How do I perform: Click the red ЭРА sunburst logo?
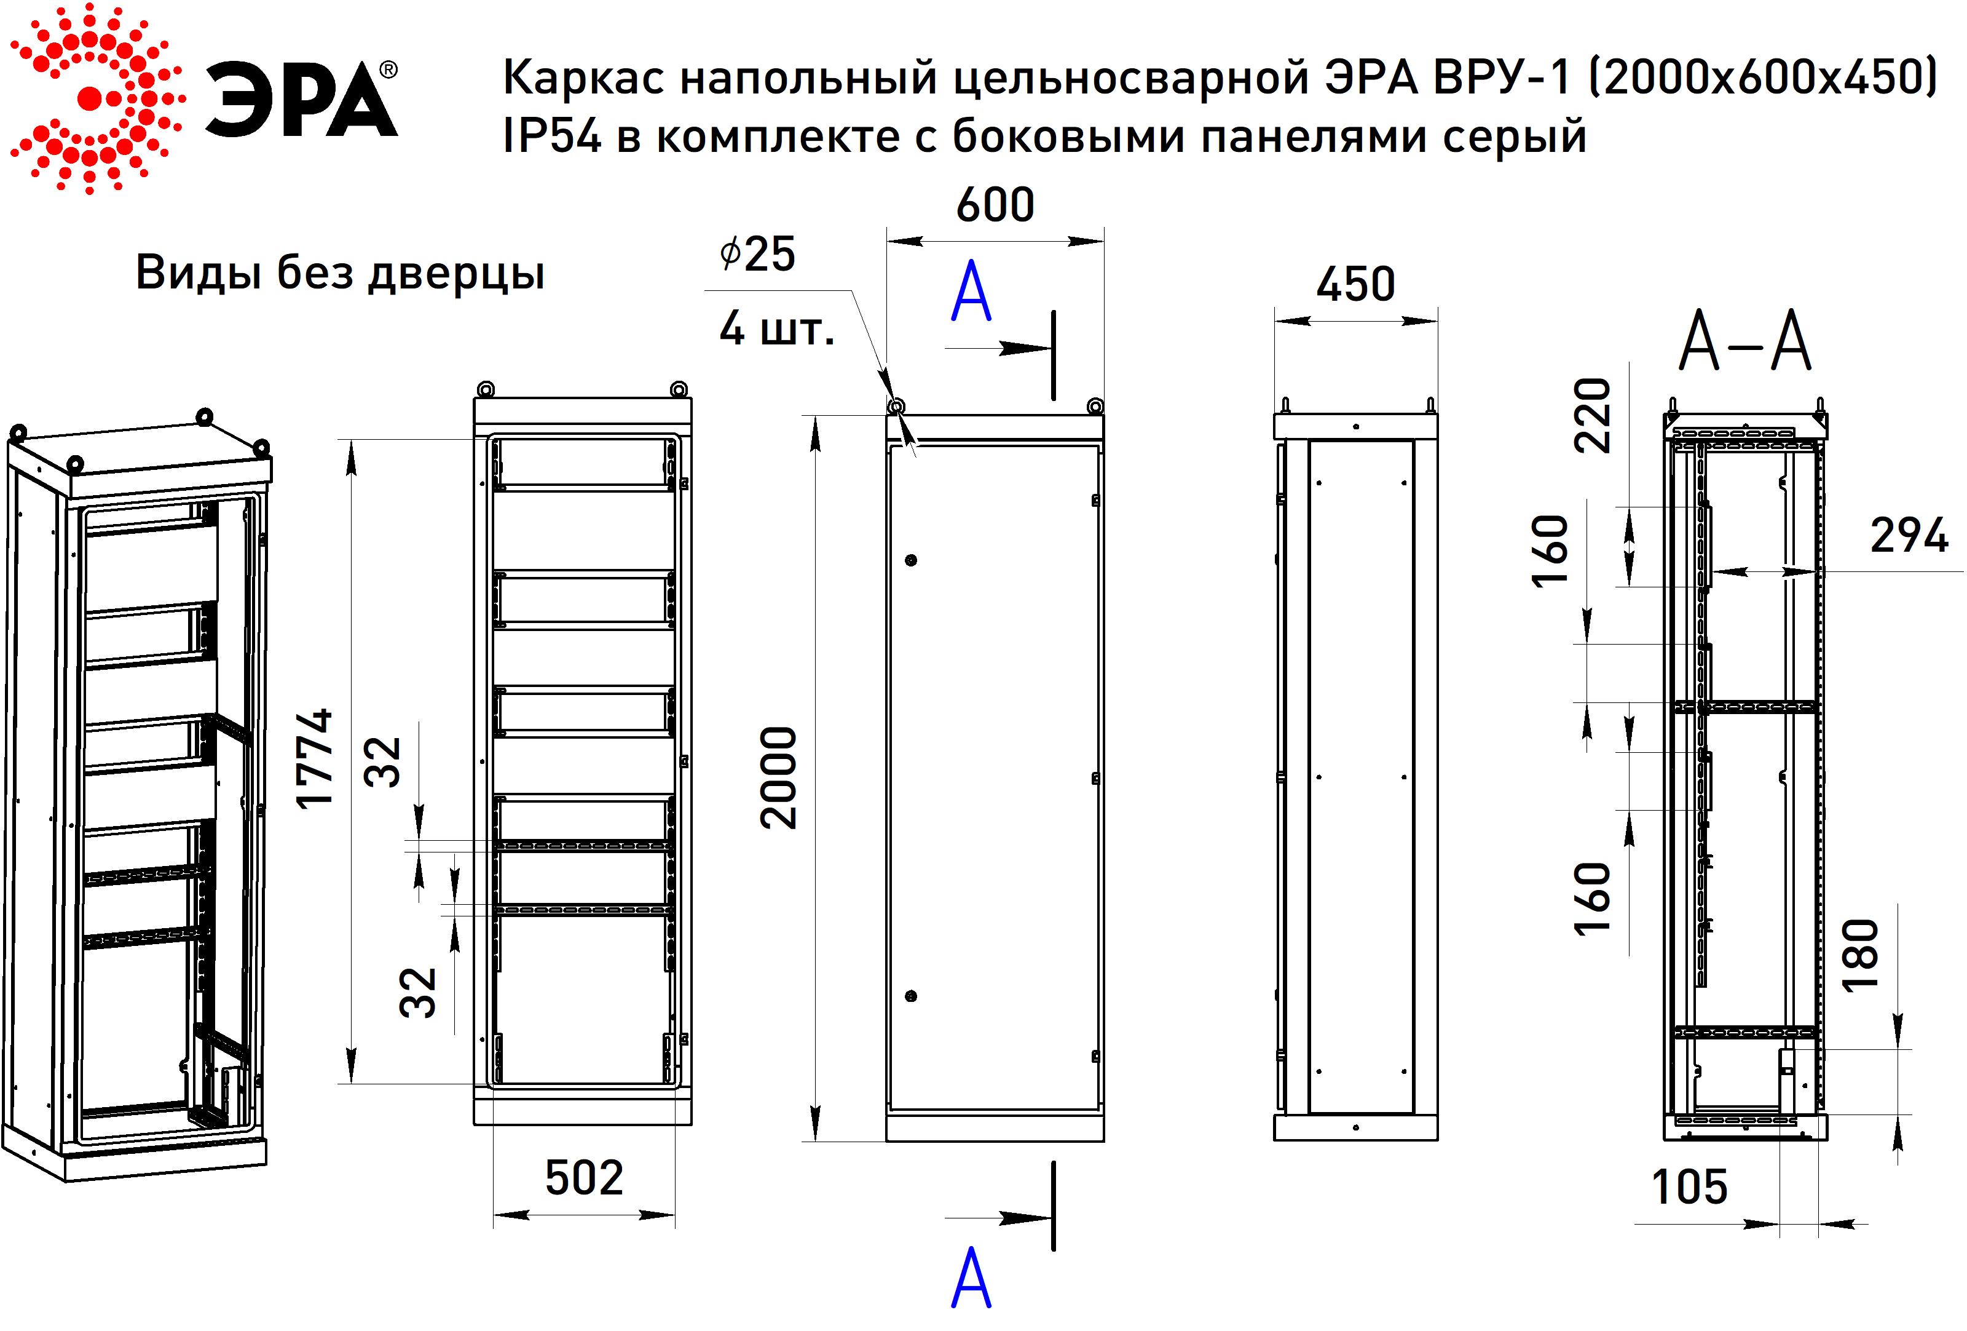point(93,100)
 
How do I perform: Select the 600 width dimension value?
point(995,205)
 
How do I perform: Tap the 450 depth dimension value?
point(1355,285)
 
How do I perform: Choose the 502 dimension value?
point(584,1178)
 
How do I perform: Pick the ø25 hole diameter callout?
point(757,253)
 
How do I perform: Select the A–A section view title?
point(1744,343)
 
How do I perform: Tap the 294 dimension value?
point(1909,536)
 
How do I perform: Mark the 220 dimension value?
point(1592,416)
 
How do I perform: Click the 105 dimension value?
point(1689,1187)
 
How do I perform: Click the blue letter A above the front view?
point(971,292)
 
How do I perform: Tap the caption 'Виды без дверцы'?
point(339,272)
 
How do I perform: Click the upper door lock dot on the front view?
point(911,560)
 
